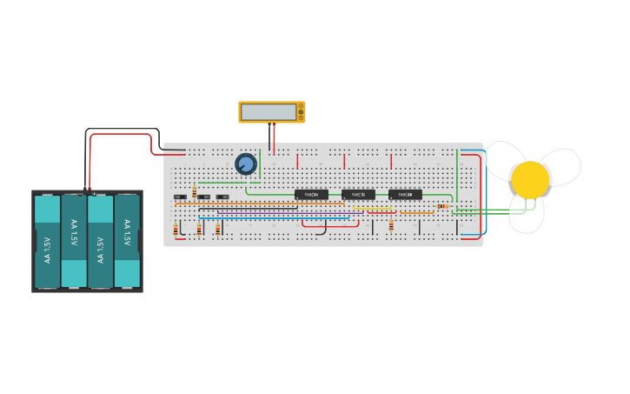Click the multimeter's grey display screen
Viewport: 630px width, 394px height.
coord(269,112)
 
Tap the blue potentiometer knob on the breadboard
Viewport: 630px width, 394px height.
coord(246,164)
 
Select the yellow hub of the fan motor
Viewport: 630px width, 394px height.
coord(530,180)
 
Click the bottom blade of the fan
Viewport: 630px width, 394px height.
coord(526,214)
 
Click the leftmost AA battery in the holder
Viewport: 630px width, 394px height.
coord(47,241)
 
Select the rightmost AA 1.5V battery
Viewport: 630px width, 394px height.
coord(127,241)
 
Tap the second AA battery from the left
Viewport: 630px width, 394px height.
coord(74,241)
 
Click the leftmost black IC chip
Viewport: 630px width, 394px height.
coord(311,195)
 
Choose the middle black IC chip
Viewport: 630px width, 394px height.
coord(358,195)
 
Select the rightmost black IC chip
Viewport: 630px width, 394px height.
coord(405,195)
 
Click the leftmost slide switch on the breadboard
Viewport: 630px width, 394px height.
coord(180,197)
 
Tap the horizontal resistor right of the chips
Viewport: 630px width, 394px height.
coord(442,206)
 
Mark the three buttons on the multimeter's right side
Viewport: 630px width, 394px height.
coord(301,112)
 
